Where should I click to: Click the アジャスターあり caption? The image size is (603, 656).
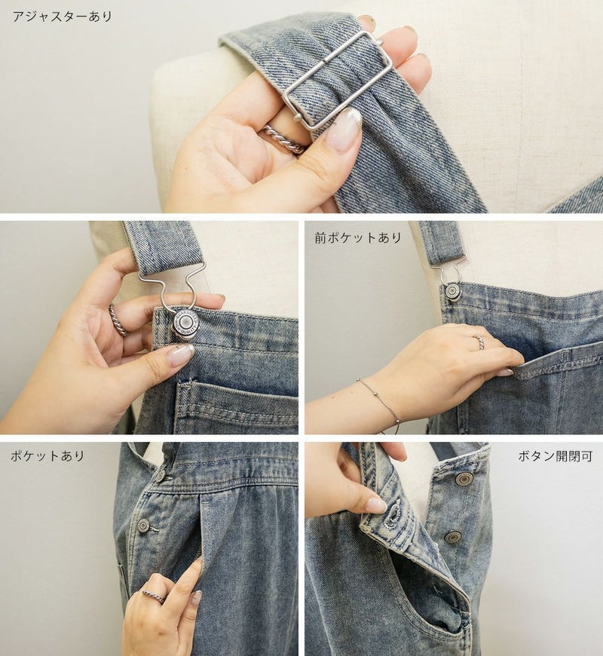pyautogui.click(x=63, y=17)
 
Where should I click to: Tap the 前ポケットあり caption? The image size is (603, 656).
pyautogui.click(x=358, y=238)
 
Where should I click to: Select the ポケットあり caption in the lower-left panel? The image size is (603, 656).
pyautogui.click(x=47, y=455)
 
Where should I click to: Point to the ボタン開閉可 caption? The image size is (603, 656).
pyautogui.click(x=556, y=456)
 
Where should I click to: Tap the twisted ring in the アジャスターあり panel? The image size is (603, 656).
pyautogui.click(x=283, y=139)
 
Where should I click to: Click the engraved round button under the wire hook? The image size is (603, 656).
pyautogui.click(x=185, y=323)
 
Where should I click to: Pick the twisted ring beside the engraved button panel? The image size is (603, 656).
pyautogui.click(x=118, y=320)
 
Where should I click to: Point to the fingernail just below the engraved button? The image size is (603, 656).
pyautogui.click(x=181, y=355)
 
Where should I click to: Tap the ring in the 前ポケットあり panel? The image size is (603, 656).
pyautogui.click(x=480, y=342)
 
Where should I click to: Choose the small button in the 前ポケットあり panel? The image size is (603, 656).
pyautogui.click(x=451, y=291)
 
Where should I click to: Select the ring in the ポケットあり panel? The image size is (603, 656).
pyautogui.click(x=154, y=596)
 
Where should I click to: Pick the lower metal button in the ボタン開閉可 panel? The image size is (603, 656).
pyautogui.click(x=453, y=537)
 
